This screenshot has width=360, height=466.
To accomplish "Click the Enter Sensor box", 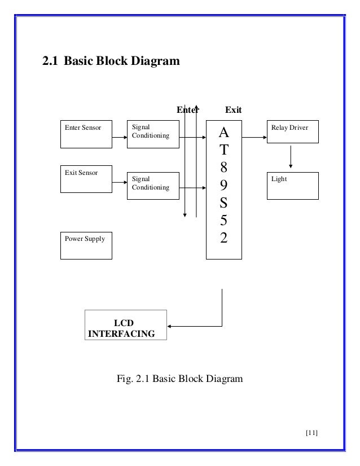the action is [86, 134].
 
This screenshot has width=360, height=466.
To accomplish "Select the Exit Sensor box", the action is [86, 179].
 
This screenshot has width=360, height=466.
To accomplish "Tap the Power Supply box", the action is [86, 245].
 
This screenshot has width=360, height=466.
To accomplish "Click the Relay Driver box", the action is [292, 131].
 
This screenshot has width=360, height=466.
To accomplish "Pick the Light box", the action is [292, 186].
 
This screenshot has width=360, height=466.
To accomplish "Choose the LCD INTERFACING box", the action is [126, 325].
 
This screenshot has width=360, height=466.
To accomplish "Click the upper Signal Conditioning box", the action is [153, 134].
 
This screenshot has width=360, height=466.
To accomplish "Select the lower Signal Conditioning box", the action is [153, 186].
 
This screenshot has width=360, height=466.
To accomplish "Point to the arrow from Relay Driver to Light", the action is [291, 157].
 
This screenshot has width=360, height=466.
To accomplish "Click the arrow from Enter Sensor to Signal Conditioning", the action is [120, 137].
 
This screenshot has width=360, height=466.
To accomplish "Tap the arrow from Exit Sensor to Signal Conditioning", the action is [120, 182].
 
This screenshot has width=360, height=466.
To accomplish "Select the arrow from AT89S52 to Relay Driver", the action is [254, 137].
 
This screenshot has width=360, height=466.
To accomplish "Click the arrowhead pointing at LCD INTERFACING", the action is [169, 326].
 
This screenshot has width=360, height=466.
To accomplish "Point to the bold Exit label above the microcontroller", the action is [234, 110].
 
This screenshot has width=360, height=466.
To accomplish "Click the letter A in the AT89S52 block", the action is [224, 132].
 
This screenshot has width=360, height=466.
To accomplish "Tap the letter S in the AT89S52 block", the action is [224, 203].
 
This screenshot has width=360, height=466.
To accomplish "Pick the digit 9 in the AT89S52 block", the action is [224, 185].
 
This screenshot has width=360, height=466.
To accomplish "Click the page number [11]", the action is [311, 433].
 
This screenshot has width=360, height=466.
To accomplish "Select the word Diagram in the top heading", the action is [155, 61].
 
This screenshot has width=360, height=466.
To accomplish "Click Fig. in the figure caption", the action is [125, 379].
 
